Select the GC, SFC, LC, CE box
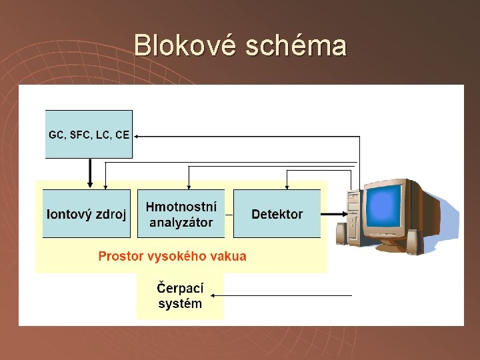coord(89,134)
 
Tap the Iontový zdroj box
coord(87,214)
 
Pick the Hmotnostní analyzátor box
coord(181,214)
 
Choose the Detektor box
coord(277,214)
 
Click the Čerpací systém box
coord(180,296)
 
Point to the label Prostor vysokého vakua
coord(172,256)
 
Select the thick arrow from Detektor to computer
coord(333,214)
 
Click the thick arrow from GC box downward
coord(90,173)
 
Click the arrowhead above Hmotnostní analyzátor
coord(190,185)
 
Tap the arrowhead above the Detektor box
coord(287,185)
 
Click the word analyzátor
coord(181,223)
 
